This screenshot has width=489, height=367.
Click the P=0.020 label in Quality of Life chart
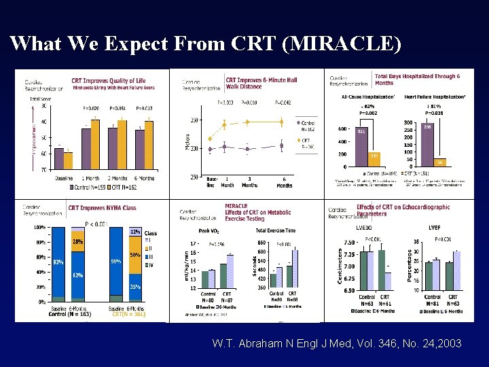[x=91, y=108]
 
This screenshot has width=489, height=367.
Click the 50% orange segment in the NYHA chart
[x=134, y=255]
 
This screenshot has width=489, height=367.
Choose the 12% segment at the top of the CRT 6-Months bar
[x=134, y=232]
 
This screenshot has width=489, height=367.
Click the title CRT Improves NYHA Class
[x=102, y=207]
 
